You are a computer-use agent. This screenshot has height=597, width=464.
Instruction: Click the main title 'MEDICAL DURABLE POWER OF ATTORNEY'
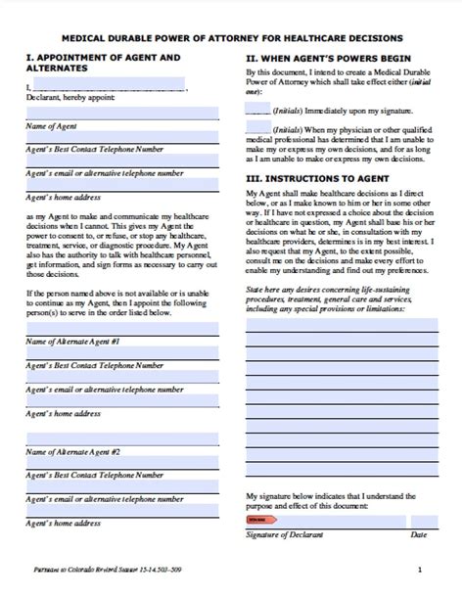point(232,37)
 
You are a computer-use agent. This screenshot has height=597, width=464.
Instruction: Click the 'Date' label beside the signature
point(418,534)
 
